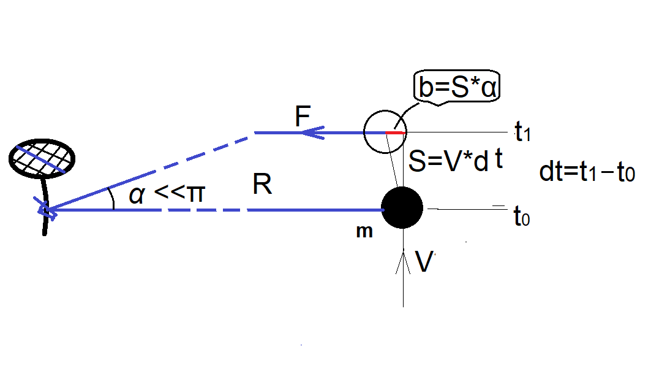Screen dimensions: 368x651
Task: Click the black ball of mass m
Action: pyautogui.click(x=402, y=208)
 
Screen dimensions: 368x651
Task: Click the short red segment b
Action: pyautogui.click(x=395, y=132)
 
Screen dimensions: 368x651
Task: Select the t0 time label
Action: pyautogui.click(x=521, y=216)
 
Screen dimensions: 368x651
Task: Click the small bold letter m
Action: pyautogui.click(x=364, y=232)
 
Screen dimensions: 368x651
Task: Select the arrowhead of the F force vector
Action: pyautogui.click(x=313, y=132)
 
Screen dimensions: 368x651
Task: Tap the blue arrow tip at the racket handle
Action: pyautogui.click(x=46, y=210)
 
